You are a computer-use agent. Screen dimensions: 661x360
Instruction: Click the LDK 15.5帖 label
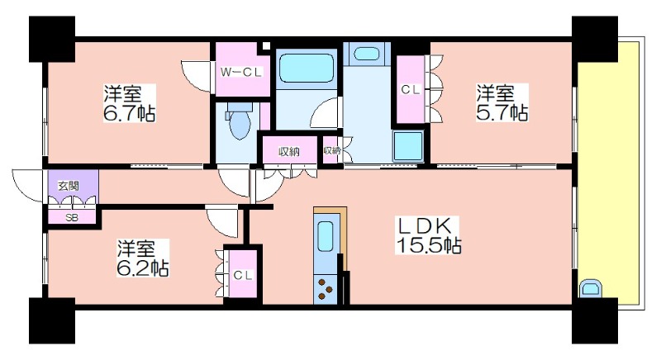point(428,235)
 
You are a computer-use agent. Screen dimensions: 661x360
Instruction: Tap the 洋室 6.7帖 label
point(130,103)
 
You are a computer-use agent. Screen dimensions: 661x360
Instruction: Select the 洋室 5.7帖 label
point(502,102)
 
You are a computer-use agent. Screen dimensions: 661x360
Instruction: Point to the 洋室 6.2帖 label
point(142,258)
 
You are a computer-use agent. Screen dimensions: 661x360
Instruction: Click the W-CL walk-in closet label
point(241,73)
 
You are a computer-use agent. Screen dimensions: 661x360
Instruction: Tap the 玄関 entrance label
point(69,185)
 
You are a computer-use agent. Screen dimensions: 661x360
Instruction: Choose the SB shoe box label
point(72,218)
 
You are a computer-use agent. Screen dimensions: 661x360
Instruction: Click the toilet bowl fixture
point(240,121)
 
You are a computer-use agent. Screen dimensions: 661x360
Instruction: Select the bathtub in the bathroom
point(306,68)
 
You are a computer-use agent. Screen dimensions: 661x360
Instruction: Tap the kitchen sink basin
point(326,237)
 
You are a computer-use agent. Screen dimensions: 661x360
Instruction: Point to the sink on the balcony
point(591,288)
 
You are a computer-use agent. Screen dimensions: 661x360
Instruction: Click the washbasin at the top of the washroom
point(367,54)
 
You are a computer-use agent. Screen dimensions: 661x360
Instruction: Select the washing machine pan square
point(408,146)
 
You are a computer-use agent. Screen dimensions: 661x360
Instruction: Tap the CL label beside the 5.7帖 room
point(411,90)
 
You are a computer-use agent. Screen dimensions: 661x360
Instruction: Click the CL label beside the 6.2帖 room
point(243,276)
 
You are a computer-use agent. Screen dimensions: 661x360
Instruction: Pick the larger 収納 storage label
point(289,152)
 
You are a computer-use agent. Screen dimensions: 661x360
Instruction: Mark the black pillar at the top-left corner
point(52,39)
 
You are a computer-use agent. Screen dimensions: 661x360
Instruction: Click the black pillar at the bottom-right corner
point(595,321)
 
